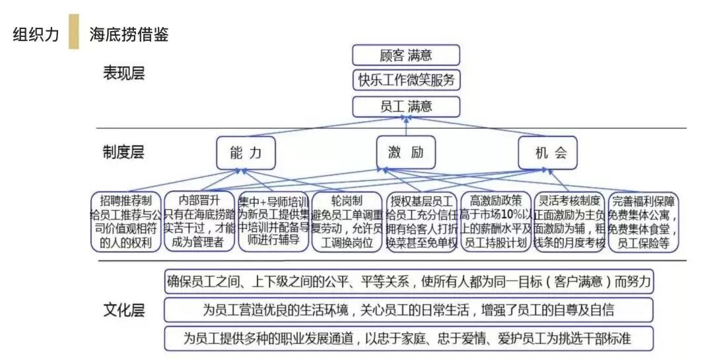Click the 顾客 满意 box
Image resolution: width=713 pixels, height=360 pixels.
point(406,54)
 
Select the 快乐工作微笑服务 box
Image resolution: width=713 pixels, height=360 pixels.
point(406,80)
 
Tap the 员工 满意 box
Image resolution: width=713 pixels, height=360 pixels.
point(406,106)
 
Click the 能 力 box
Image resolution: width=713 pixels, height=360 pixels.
point(245,153)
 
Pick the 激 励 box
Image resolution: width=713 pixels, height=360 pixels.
point(406,153)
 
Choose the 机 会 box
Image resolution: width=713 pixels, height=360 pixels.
point(547,153)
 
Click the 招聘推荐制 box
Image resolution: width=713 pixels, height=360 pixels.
point(125,221)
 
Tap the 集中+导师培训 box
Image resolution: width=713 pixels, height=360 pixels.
point(273,221)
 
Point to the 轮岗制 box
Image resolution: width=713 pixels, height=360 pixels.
point(347,221)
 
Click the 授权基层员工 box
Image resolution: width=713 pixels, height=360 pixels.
point(421,221)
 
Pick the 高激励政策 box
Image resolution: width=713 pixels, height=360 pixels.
point(496,221)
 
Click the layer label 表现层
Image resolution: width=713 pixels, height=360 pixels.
point(123,73)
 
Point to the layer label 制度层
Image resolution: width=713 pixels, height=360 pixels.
point(123,153)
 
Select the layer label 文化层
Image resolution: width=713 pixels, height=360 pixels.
point(123,309)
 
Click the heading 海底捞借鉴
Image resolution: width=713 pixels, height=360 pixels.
point(129,34)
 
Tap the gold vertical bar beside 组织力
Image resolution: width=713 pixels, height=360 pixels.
point(73,32)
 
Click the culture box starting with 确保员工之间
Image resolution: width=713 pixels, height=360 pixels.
point(408,282)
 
